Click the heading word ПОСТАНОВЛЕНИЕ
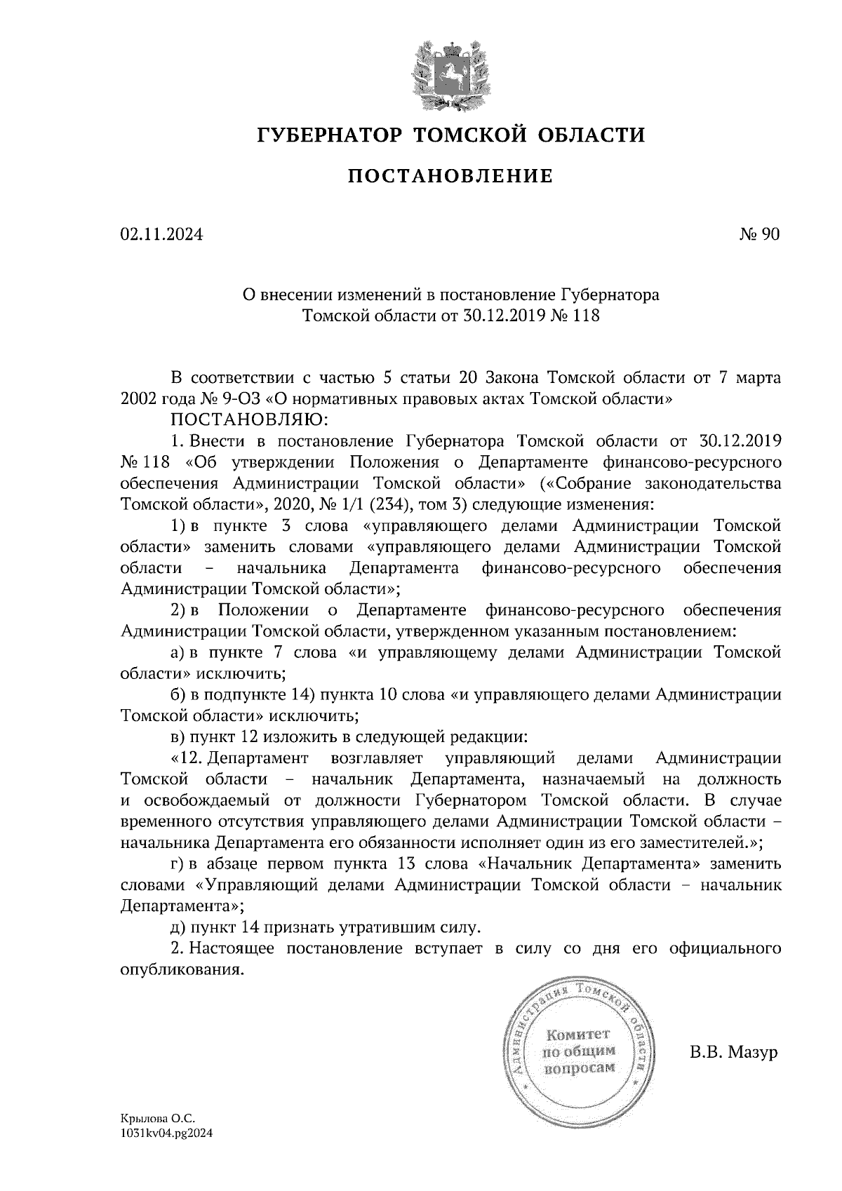click(449, 176)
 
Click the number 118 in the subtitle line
click(586, 316)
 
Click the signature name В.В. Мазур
click(734, 1053)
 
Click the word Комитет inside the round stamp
click(579, 1035)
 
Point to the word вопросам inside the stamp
click(580, 1068)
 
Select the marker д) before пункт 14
click(178, 927)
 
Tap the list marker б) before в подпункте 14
click(178, 695)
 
